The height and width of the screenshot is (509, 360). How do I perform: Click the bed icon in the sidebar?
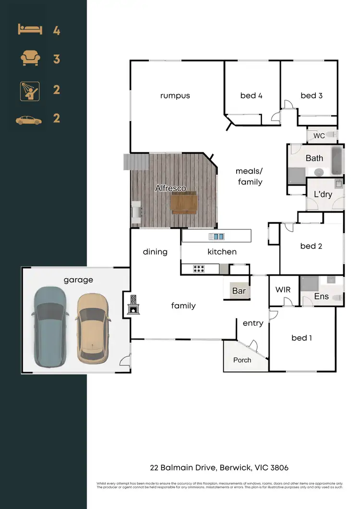(x=30, y=30)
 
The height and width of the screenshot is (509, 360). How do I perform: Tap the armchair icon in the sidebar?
(x=30, y=59)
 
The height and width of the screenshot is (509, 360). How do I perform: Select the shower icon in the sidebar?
(x=30, y=90)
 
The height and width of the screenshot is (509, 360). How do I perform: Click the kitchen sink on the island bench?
(x=216, y=236)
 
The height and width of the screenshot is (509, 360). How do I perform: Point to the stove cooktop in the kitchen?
(x=199, y=269)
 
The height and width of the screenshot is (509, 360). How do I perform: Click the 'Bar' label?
(x=239, y=291)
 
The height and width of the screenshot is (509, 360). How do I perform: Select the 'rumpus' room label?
(x=175, y=95)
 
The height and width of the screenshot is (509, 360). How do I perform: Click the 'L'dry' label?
(x=323, y=194)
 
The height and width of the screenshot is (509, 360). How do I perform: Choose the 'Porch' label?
(x=242, y=360)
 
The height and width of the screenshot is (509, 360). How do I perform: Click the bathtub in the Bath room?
(x=337, y=161)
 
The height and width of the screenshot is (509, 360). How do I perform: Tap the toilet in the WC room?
(x=332, y=135)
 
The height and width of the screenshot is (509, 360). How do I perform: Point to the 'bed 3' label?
(x=312, y=95)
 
